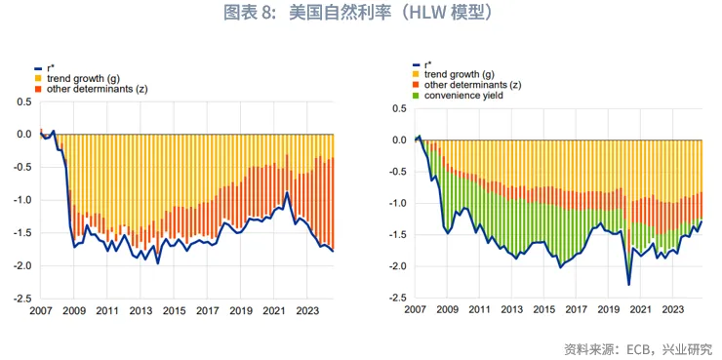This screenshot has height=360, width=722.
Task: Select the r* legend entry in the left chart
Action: [x=51, y=67]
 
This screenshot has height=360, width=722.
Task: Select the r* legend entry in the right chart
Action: [x=426, y=63]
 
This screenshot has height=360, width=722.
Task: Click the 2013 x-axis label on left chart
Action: [x=140, y=311]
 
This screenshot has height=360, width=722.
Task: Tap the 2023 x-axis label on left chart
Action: [x=307, y=311]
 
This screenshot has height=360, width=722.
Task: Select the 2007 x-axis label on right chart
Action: [x=416, y=311]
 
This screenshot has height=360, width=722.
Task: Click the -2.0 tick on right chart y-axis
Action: [x=397, y=266]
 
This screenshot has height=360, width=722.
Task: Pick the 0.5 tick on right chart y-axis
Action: [x=399, y=108]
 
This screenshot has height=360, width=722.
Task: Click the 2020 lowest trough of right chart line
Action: [x=628, y=285]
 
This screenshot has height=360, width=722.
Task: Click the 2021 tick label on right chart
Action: [x=640, y=311]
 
